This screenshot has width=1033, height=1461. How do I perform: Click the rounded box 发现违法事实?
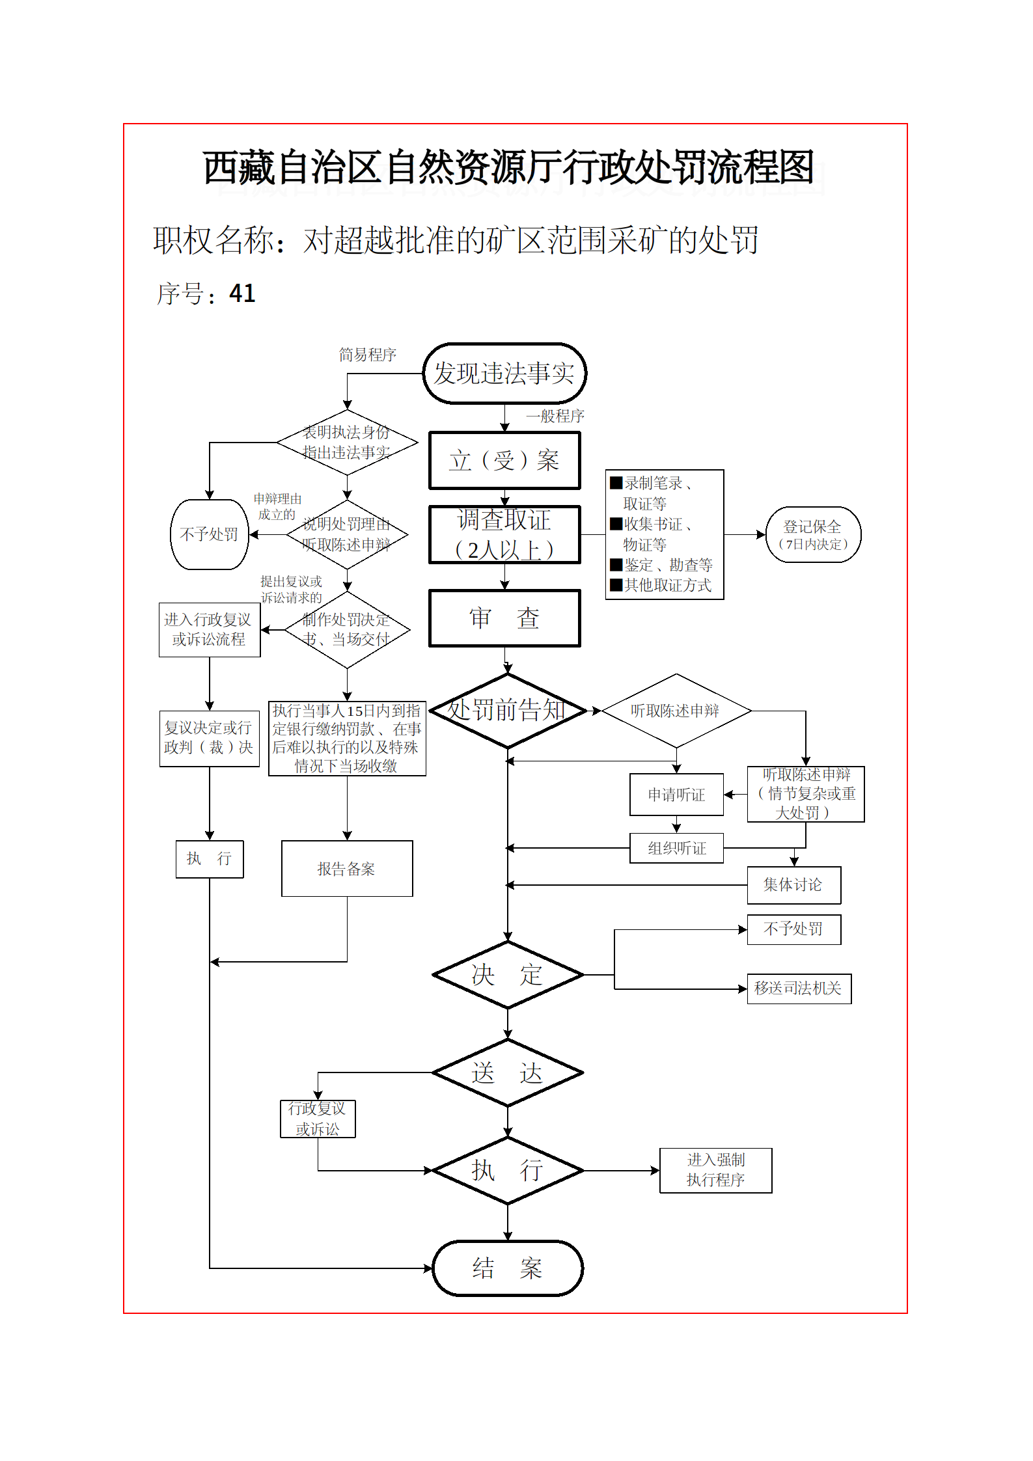coord(504,374)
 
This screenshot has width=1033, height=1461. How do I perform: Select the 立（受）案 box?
coord(504,460)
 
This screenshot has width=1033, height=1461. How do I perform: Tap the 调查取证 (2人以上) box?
coord(504,534)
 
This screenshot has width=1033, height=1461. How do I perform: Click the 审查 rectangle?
coord(504,618)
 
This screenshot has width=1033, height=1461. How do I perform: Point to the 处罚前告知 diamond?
coord(507,711)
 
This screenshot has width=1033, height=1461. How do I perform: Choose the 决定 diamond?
coord(507,975)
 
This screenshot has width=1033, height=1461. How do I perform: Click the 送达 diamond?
coord(507,1072)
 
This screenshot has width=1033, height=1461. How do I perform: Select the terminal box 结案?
coord(507,1268)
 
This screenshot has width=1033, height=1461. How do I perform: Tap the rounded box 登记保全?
coord(813,534)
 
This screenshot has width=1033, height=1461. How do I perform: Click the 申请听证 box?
coord(676,795)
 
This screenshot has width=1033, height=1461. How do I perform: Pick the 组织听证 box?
coord(676,848)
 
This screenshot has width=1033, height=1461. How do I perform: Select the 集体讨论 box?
coord(793,885)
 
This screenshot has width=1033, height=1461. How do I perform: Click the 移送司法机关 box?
coord(799,989)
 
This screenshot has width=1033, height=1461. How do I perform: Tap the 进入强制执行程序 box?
coord(715,1170)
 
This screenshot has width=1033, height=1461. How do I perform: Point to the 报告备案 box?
coord(347,869)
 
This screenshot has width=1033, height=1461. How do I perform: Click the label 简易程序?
coord(368,355)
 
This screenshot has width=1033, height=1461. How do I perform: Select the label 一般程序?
coord(555,416)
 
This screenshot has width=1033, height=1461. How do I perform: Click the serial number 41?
coord(242,294)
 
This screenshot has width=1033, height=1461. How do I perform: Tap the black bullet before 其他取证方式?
coord(616,584)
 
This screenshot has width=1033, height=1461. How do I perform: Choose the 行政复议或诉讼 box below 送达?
coord(318,1119)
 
